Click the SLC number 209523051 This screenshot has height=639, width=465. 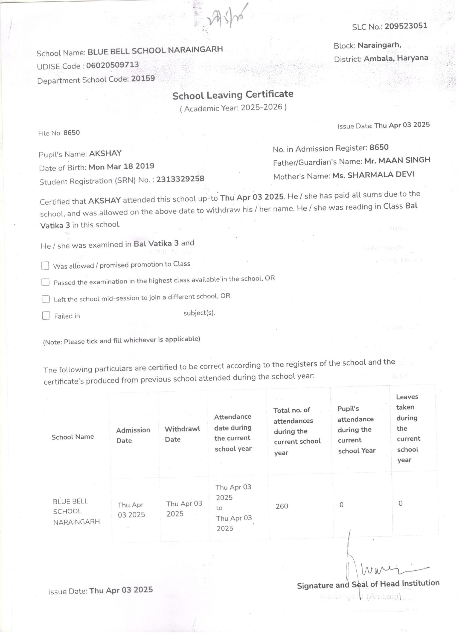click(x=406, y=26)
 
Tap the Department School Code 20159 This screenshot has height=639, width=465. click(x=143, y=78)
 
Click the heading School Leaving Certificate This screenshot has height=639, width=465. click(x=233, y=95)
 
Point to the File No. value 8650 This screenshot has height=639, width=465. click(x=71, y=133)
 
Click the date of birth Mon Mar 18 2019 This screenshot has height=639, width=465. click(x=121, y=166)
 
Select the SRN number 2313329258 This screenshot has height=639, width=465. click(x=180, y=179)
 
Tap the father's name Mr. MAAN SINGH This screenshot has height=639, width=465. click(x=397, y=160)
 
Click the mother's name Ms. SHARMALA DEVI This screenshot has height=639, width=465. click(x=373, y=175)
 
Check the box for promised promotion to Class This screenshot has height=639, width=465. click(x=45, y=266)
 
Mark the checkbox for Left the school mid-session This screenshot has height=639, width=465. click(x=46, y=299)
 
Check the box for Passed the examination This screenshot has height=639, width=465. click(x=45, y=282)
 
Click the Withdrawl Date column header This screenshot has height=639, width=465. click(x=182, y=434)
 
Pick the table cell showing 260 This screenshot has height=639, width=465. click(x=282, y=506)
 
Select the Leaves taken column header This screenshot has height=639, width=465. click(x=408, y=428)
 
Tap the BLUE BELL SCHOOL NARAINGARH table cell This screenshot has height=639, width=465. click(x=76, y=511)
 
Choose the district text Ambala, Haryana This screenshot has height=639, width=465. click(x=396, y=58)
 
